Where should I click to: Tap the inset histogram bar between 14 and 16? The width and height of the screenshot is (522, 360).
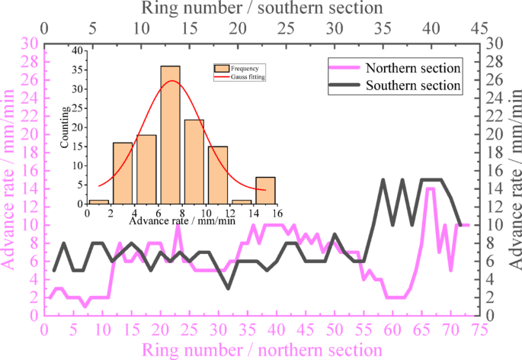click(x=265, y=191)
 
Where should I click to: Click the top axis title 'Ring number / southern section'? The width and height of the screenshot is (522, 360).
click(x=262, y=8)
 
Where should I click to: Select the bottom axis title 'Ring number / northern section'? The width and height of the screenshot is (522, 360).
click(x=263, y=349)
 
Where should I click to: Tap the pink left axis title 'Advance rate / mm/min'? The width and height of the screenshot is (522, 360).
click(x=11, y=180)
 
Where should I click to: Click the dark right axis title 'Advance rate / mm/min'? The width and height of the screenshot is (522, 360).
click(x=513, y=180)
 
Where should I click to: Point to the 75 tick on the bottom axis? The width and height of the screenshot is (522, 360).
click(x=479, y=329)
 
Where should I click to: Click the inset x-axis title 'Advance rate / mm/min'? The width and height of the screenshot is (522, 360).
click(x=182, y=222)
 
